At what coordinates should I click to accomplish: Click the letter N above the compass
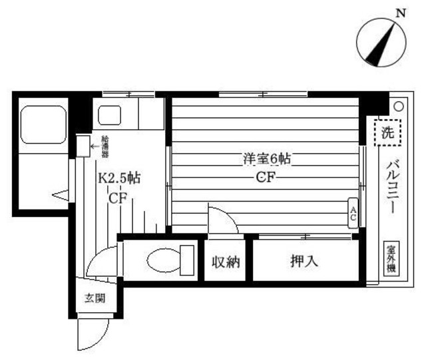pos(399,12)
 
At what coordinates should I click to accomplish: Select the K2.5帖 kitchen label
pos(118,178)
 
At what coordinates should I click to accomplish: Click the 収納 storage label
pos(226,262)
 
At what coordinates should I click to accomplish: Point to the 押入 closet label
pos(304,262)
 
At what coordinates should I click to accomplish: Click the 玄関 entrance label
pos(94,298)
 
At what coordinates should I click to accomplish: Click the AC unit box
pos(352,212)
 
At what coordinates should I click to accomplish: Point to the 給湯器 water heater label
pos(105,145)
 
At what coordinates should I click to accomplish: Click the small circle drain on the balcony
pos(397,105)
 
